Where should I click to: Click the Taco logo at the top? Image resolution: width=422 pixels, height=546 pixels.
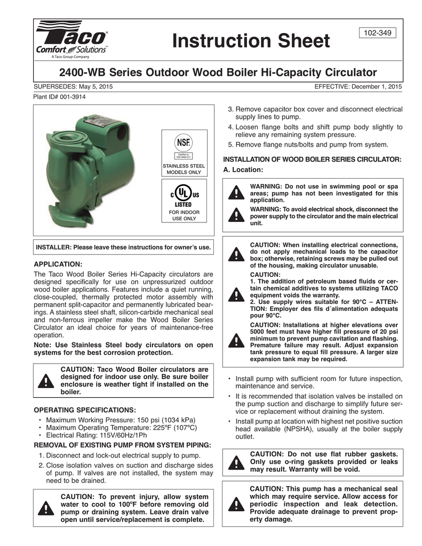[73, 38]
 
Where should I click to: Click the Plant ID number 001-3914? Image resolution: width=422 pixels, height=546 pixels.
[71, 97]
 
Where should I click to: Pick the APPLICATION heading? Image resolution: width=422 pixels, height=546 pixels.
[58, 264]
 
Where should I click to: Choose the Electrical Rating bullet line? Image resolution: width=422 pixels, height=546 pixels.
[107, 435]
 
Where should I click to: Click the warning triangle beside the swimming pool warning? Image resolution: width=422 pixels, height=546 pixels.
[234, 194]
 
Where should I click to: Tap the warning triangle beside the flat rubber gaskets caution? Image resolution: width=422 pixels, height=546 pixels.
[234, 462]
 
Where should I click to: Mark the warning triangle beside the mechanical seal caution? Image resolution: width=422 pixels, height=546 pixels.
[234, 504]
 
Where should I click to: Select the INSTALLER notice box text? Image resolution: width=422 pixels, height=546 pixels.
[123, 247]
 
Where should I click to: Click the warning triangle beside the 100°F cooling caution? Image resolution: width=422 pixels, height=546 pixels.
[47, 509]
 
